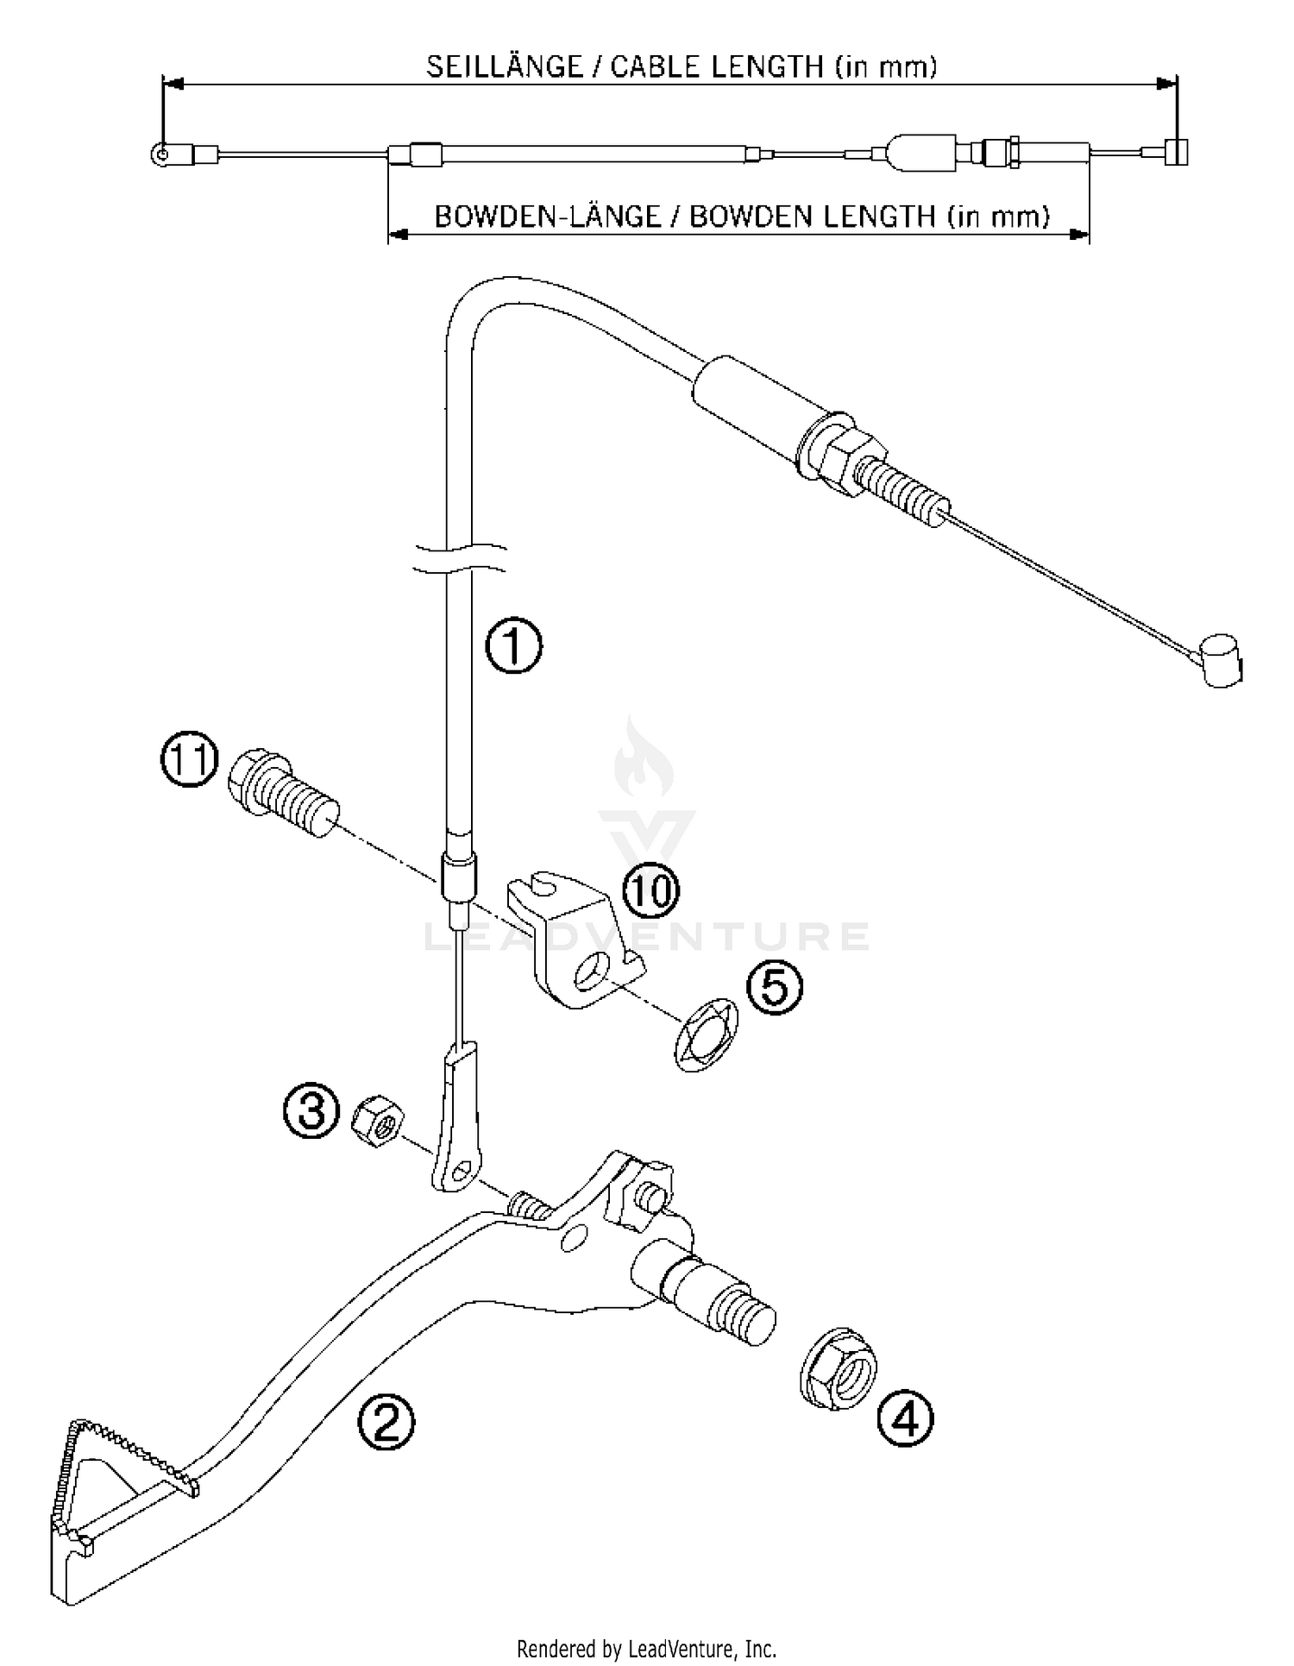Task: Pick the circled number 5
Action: [x=774, y=987]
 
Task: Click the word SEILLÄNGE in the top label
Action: [x=505, y=67]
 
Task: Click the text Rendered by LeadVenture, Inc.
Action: [x=646, y=1649]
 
